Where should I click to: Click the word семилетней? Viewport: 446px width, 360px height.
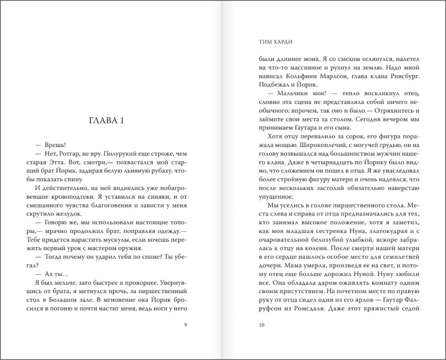tap(399, 259)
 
